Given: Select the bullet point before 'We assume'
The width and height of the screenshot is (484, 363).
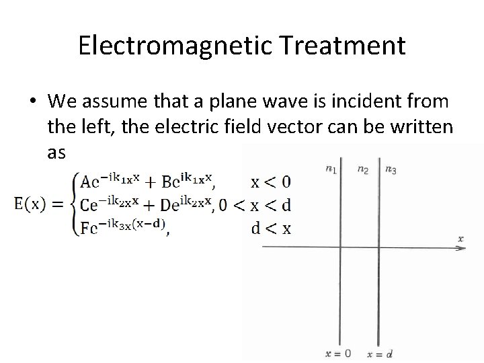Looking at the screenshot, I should click(x=32, y=103).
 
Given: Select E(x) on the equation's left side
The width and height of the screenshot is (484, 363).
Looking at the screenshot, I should click(x=37, y=203).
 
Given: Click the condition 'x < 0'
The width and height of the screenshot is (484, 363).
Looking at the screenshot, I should click(x=271, y=182).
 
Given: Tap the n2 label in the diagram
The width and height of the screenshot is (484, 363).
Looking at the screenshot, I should click(x=363, y=169).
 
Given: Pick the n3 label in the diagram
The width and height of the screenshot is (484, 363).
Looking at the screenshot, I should click(x=391, y=169).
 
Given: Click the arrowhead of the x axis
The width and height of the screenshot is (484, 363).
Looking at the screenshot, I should click(x=462, y=248).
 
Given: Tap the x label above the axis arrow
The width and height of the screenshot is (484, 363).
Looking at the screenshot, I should click(x=460, y=238).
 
